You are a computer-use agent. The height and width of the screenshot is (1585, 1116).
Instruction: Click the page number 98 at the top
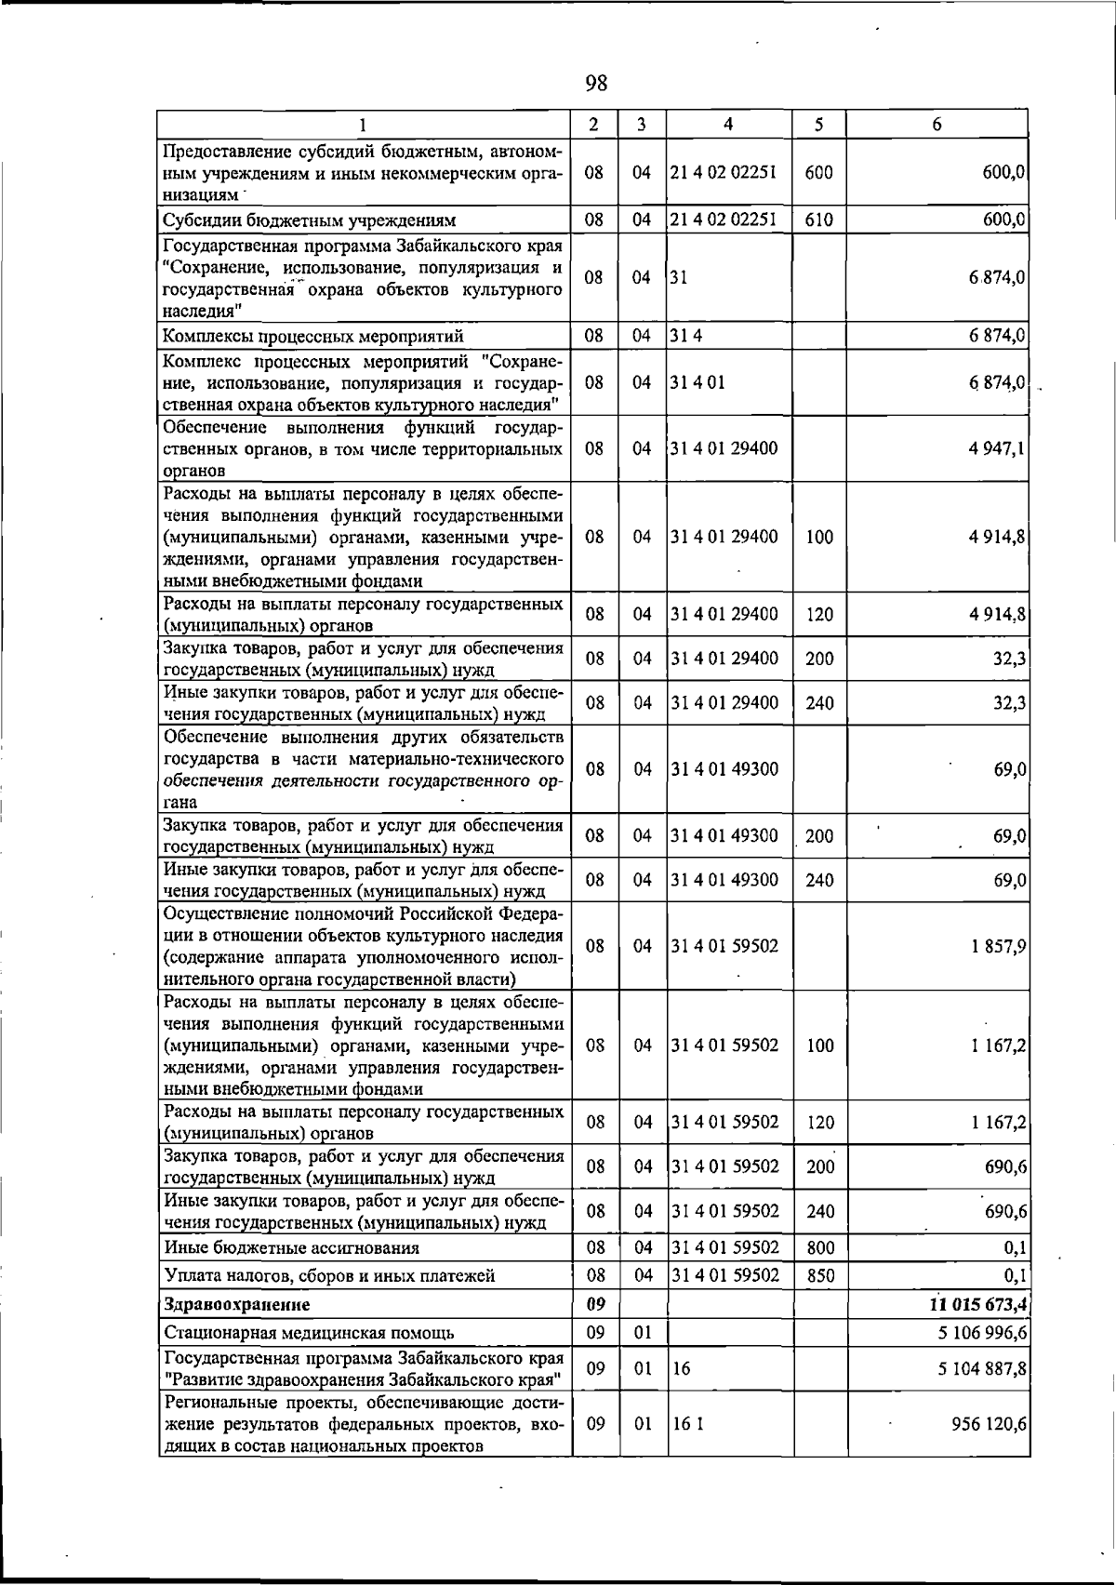pos(596,84)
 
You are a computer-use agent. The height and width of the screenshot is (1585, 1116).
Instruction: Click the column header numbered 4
pos(728,124)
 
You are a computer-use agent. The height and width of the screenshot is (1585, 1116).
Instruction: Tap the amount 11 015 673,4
pos(972,1304)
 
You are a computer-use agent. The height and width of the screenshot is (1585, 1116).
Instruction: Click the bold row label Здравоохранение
pos(237,1304)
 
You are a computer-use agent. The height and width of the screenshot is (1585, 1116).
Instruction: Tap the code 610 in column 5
pos(818,220)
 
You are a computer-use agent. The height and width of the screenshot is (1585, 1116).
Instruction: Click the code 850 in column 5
pos(819,1276)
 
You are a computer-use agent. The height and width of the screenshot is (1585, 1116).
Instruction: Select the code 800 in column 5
pos(819,1248)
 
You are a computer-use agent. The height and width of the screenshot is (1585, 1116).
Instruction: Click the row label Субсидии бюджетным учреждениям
pos(310,220)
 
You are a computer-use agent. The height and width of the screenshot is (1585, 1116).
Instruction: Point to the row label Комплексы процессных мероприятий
pos(313,336)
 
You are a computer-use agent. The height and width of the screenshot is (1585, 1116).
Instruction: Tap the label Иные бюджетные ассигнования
pos(291,1248)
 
